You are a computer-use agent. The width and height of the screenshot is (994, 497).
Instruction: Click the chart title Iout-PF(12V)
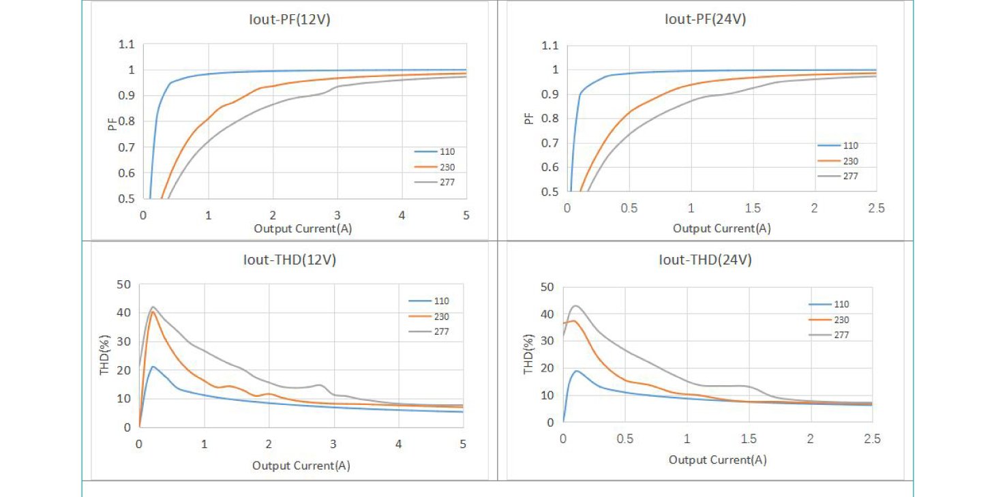(x=289, y=20)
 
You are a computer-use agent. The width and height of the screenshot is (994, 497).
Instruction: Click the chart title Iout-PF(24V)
(x=705, y=19)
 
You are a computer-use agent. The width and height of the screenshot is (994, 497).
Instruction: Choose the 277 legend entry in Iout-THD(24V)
(x=841, y=335)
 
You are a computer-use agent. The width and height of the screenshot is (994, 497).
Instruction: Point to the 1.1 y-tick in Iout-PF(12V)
(x=127, y=45)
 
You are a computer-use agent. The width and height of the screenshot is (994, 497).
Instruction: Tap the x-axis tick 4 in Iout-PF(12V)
(x=402, y=215)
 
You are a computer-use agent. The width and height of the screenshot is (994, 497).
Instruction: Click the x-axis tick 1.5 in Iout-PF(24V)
(x=753, y=209)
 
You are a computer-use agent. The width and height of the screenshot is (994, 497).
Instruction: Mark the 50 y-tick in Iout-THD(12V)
(x=125, y=284)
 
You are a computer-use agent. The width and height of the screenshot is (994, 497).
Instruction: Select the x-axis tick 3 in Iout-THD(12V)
(x=333, y=444)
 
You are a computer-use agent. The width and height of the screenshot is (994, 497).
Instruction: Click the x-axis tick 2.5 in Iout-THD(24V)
(x=872, y=439)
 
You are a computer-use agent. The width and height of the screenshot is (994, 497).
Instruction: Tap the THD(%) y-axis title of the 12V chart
(x=104, y=355)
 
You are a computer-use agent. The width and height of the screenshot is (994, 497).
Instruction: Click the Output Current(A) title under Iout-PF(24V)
(x=721, y=228)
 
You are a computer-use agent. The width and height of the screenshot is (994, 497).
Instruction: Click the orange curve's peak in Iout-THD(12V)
(x=153, y=312)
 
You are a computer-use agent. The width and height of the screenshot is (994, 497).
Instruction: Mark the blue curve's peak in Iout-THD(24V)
(x=577, y=371)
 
